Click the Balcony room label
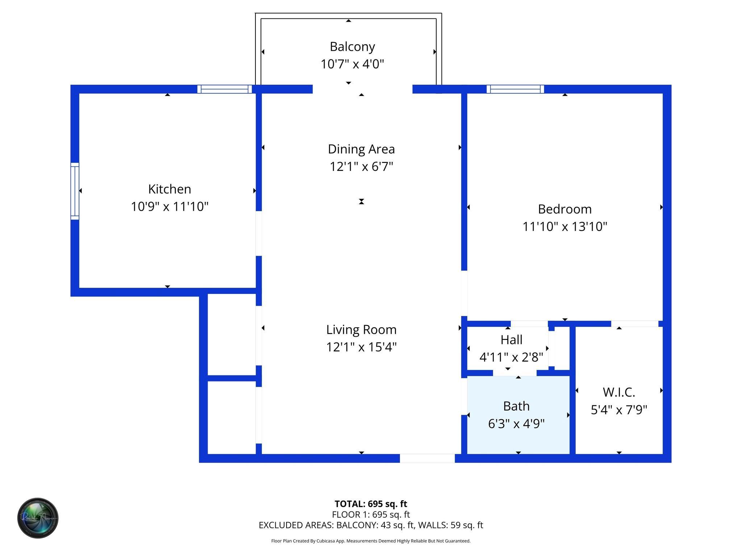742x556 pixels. click(x=352, y=47)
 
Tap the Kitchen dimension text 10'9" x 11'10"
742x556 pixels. click(x=170, y=207)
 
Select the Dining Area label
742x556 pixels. click(x=361, y=149)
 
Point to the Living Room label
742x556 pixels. click(x=361, y=330)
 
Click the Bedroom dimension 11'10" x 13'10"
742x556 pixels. click(x=564, y=227)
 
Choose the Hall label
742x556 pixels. click(x=511, y=340)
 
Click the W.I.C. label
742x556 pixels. click(x=619, y=392)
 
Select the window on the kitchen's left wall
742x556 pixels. click(x=75, y=191)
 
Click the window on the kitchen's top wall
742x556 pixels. click(x=225, y=89)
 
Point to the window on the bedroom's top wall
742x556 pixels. click(x=515, y=89)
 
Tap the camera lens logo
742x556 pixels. click(x=38, y=518)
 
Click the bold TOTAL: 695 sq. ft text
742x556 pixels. click(x=371, y=504)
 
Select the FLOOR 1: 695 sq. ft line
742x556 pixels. click(x=371, y=514)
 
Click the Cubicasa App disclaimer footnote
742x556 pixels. click(x=371, y=541)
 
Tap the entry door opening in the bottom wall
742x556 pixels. click(x=427, y=458)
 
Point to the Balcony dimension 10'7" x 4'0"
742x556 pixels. click(x=352, y=64)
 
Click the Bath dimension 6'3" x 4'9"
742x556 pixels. click(x=516, y=424)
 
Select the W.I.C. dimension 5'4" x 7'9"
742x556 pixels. click(x=619, y=410)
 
